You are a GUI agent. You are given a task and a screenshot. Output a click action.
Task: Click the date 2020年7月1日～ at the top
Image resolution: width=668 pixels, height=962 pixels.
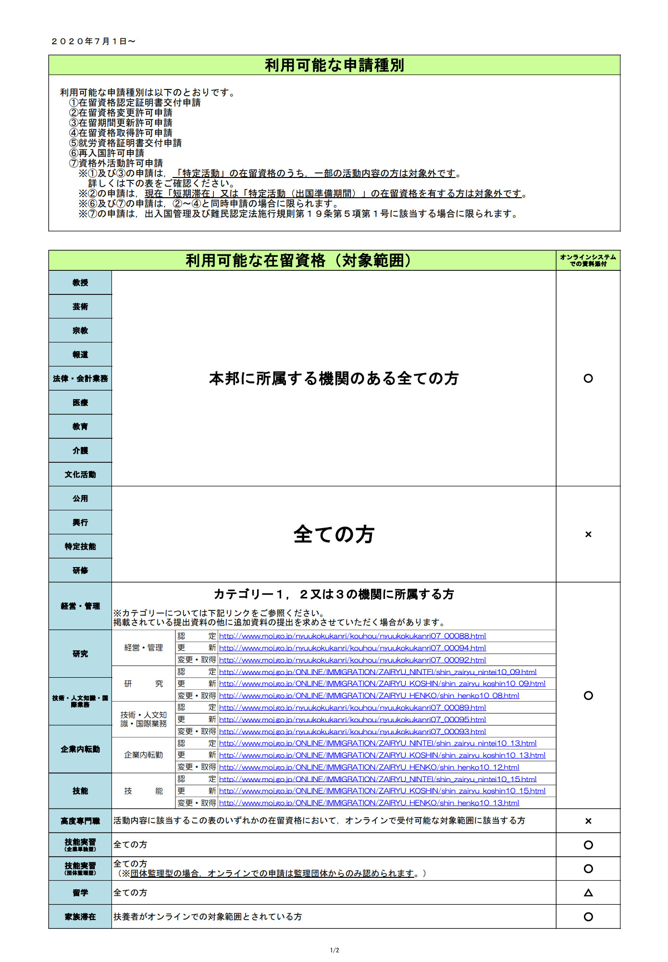coord(93,41)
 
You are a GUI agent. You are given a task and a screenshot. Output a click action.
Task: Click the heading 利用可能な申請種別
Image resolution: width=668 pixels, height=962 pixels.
coord(334,65)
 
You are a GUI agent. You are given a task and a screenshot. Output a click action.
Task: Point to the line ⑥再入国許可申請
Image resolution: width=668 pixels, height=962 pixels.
coord(107,153)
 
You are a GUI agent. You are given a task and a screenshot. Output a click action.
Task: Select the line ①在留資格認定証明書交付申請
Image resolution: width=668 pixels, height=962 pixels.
coord(135,102)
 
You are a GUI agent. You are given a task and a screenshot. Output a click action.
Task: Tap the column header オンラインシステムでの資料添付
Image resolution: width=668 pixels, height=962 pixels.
coord(588,260)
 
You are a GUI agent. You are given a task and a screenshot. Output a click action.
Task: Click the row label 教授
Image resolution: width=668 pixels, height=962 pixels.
coord(80,282)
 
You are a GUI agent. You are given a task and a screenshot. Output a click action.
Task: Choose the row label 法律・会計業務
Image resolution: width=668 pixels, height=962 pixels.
coord(80,379)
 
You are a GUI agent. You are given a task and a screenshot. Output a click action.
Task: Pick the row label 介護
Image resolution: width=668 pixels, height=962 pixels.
coord(80,451)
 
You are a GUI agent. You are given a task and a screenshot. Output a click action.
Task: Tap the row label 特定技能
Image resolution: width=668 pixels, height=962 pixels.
coord(80,546)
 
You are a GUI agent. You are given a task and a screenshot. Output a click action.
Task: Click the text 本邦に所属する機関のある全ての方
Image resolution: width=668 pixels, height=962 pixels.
coord(334,379)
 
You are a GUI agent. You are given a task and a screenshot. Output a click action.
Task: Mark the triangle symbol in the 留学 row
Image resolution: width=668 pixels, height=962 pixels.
coord(588,893)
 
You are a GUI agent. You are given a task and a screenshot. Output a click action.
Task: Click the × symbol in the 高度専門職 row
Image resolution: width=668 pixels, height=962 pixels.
coord(588,821)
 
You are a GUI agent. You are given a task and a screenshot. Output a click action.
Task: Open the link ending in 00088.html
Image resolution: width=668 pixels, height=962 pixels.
coord(352,636)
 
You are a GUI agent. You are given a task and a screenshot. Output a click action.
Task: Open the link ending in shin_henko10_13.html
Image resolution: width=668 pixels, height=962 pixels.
coord(369,803)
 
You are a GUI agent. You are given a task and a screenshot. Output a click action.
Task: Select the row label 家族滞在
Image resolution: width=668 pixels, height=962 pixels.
coord(80,917)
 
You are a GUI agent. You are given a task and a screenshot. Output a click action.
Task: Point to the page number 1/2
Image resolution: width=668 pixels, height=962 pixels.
coord(334,950)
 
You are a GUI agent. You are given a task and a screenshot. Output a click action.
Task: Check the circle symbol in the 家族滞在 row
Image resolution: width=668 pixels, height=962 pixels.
coord(588,917)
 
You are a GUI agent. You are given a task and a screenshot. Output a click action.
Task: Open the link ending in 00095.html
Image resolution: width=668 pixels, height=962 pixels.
coord(352,720)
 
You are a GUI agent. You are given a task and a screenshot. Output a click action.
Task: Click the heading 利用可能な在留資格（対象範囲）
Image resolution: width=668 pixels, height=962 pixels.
coord(299,260)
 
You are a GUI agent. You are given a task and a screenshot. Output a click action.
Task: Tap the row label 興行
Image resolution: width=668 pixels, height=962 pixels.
coord(80,522)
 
